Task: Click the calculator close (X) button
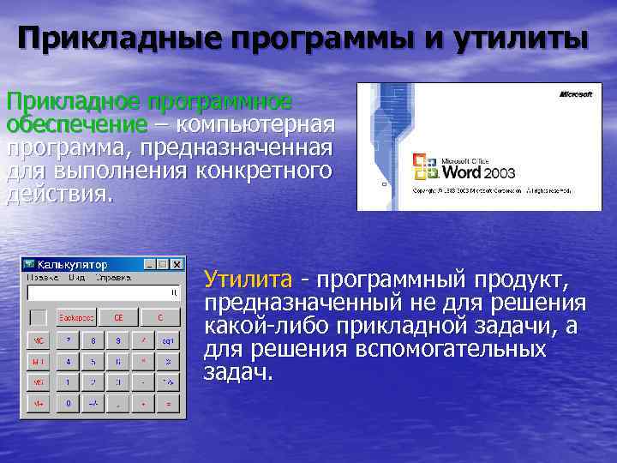[177, 265]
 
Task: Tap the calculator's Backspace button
[75, 317]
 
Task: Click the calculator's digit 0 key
[68, 402]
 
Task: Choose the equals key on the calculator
[169, 402]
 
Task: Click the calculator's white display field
[103, 293]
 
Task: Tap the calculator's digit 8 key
[93, 340]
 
